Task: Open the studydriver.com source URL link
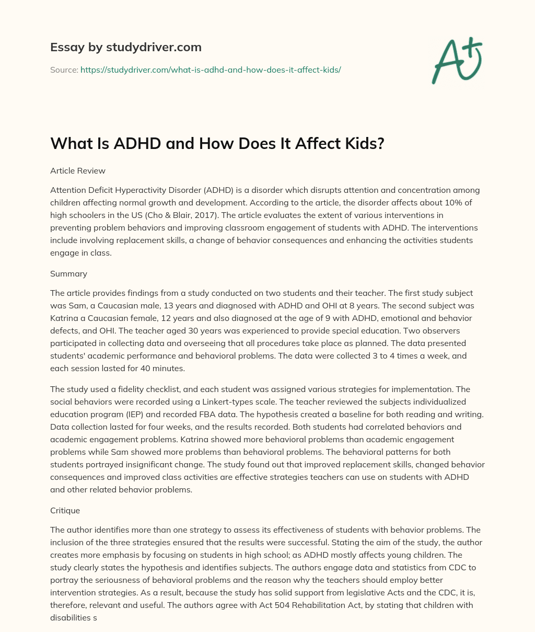click(211, 70)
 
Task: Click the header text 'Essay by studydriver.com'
click(126, 47)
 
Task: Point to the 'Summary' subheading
click(68, 273)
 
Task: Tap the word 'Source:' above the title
click(64, 70)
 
